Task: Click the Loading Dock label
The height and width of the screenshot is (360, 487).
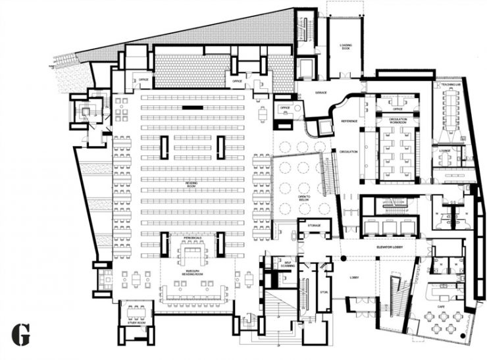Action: click(x=346, y=46)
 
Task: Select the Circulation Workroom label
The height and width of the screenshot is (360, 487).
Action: click(x=397, y=120)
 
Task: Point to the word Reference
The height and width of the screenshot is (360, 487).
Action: click(x=349, y=122)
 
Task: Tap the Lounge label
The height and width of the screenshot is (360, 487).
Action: click(x=445, y=150)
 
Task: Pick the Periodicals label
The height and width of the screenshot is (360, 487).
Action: click(x=192, y=239)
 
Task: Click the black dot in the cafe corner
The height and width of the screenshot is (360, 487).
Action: click(x=463, y=336)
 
